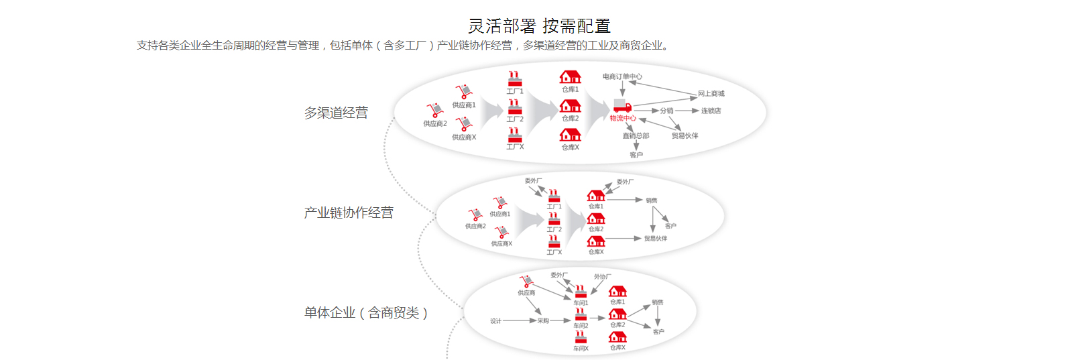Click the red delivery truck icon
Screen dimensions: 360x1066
tap(622, 107)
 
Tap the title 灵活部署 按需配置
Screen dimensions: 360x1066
tap(540, 26)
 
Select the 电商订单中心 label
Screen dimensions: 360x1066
tap(622, 76)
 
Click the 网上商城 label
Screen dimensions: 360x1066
tap(711, 94)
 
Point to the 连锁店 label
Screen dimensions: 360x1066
tap(711, 111)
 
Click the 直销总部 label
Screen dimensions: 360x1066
tap(636, 135)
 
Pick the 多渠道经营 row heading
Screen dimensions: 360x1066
tap(336, 113)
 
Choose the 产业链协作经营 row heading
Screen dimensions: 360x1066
tap(349, 213)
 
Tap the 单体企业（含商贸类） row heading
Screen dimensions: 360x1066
tap(366, 312)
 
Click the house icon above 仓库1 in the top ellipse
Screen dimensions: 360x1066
tap(570, 77)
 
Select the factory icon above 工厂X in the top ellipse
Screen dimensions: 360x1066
tap(515, 135)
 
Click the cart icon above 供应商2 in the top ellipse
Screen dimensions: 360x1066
tap(434, 111)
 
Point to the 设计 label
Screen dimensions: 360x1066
tap(495, 321)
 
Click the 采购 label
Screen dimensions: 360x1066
tap(543, 321)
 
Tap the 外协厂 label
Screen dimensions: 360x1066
tap(602, 276)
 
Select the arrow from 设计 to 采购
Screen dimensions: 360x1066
tap(519, 321)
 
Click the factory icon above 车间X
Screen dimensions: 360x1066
tap(581, 337)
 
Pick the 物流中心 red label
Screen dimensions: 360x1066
tap(623, 119)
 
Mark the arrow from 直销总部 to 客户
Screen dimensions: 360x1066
tap(636, 145)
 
